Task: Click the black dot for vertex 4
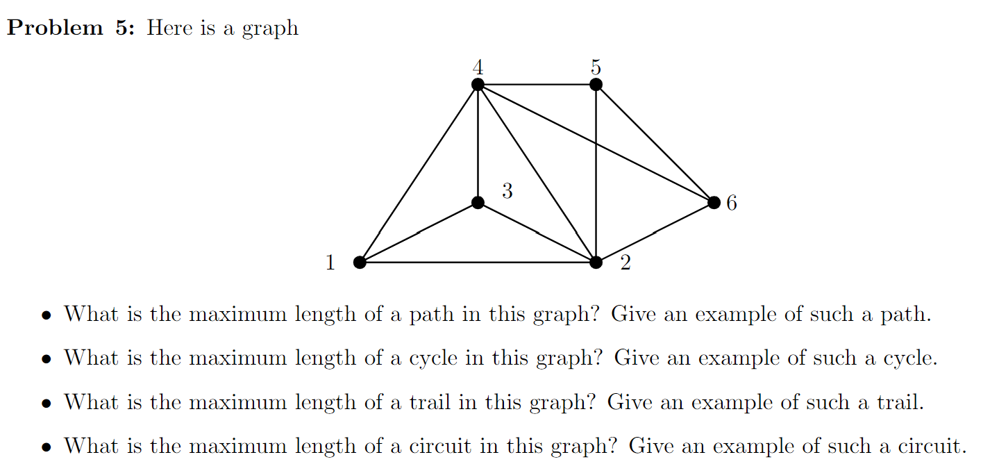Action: [478, 85]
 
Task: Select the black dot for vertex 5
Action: [596, 85]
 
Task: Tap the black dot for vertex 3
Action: [478, 203]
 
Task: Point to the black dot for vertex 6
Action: [714, 203]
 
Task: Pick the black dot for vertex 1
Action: [360, 262]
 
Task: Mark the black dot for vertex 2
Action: [596, 262]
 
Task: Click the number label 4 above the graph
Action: [478, 67]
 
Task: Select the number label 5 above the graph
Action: [596, 67]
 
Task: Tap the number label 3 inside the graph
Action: [507, 191]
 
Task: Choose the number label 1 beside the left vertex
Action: [330, 263]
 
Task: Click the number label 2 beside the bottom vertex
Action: [625, 263]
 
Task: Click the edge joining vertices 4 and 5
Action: [537, 85]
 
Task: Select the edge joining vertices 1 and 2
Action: [478, 262]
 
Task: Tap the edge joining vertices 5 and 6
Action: [655, 144]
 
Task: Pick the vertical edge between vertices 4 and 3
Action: [478, 144]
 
